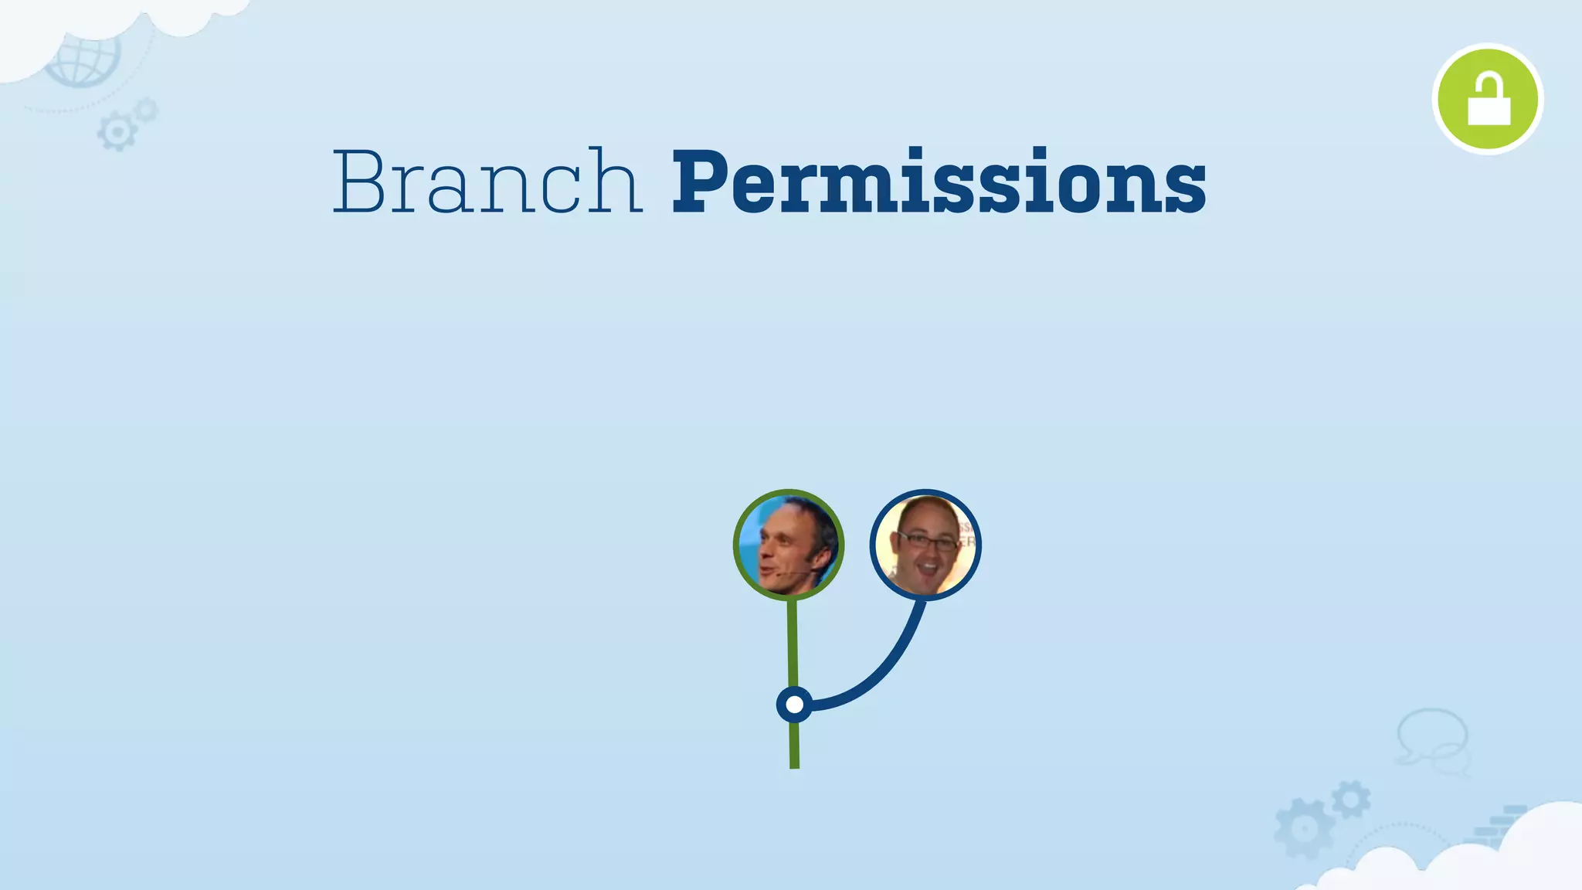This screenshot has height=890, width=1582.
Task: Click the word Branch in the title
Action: click(x=487, y=182)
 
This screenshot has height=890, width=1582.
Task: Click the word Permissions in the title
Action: click(x=939, y=182)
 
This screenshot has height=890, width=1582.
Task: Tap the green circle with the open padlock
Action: click(x=1487, y=99)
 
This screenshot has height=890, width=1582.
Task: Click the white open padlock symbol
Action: click(x=1489, y=100)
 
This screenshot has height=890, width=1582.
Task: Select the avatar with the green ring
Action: click(x=789, y=545)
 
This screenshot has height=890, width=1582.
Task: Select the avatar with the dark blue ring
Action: click(x=925, y=545)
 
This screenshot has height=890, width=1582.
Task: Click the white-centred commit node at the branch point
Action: click(x=794, y=705)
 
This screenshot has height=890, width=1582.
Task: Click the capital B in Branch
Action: click(x=359, y=182)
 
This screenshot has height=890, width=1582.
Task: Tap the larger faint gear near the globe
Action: click(x=117, y=132)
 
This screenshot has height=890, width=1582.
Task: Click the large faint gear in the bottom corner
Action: click(x=1304, y=829)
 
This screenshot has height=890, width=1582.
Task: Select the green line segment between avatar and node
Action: click(x=793, y=641)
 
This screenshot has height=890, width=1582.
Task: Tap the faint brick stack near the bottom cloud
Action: click(x=1499, y=827)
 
